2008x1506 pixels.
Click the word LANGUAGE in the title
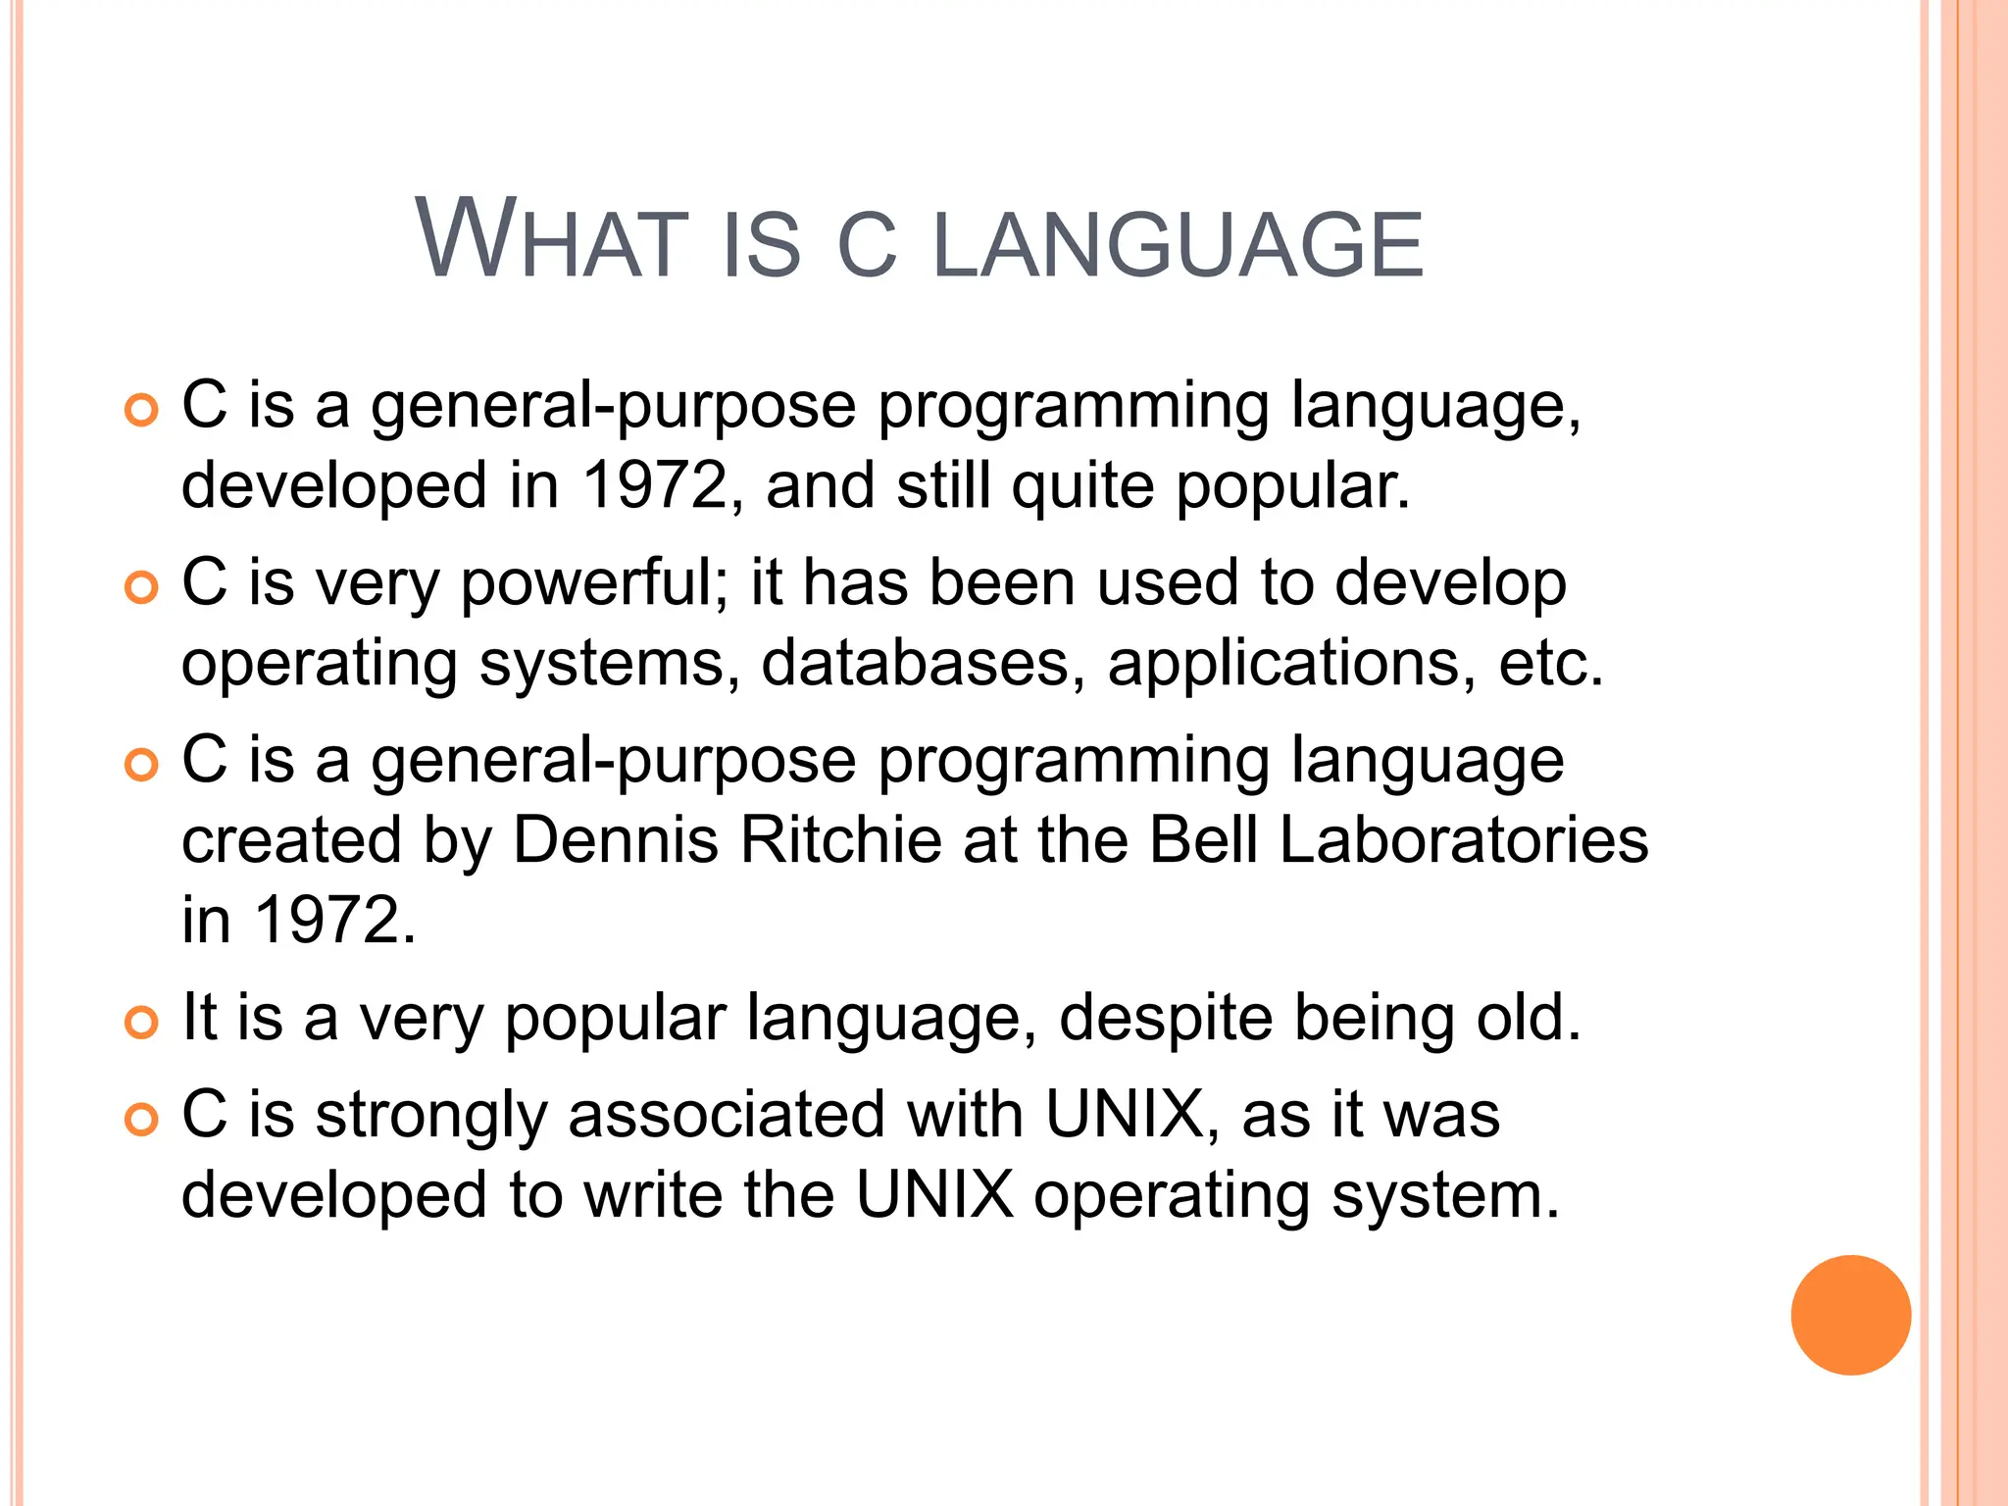[1177, 244]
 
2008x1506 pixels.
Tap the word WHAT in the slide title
[550, 240]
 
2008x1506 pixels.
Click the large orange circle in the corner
[1850, 1315]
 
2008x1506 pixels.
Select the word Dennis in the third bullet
[616, 840]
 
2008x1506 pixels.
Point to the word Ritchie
[840, 840]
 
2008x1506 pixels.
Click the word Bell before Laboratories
[1203, 840]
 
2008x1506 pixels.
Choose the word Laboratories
[1464, 840]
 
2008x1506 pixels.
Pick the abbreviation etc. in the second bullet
[1550, 664]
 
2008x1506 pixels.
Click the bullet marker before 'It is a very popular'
[141, 1023]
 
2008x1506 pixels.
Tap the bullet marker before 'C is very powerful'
[141, 588]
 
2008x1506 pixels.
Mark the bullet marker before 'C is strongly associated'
[141, 1119]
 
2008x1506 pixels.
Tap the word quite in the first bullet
[1082, 485]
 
